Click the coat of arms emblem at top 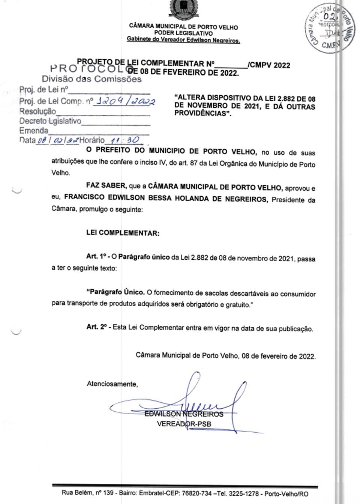coord(184,9)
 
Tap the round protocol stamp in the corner coord(329,29)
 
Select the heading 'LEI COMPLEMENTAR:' coord(123,233)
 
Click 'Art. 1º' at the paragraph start coord(97,256)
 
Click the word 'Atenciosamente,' coord(112,384)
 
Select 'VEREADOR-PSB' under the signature coord(184,424)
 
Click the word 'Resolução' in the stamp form coord(37,111)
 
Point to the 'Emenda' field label coord(34,131)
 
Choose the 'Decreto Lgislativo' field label coord(50,121)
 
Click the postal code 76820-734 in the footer coord(197,493)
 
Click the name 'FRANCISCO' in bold coord(84,197)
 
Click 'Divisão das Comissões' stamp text coord(91,79)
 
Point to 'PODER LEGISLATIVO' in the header coord(183,33)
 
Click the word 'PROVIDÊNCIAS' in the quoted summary coord(201,113)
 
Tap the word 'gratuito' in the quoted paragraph coord(237,305)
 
